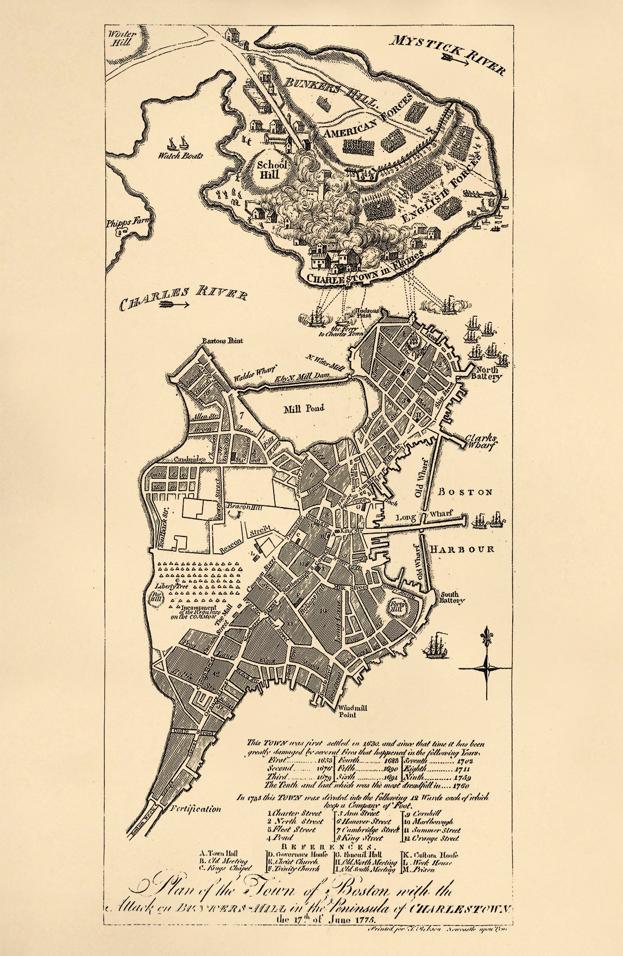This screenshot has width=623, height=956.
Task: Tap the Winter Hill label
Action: tap(118, 38)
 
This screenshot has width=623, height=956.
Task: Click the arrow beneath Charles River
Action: tap(173, 305)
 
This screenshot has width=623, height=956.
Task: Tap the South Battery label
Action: tap(453, 597)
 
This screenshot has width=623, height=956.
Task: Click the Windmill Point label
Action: tap(347, 711)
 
